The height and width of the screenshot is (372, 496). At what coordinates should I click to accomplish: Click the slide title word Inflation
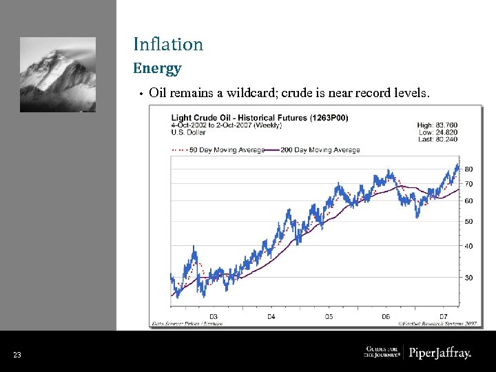coord(168,45)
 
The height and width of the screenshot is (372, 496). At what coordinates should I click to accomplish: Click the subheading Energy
coord(157,68)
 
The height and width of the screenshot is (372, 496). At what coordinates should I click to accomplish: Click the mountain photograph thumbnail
coord(58,74)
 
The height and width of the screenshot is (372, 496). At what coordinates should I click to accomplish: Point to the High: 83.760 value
coord(437,125)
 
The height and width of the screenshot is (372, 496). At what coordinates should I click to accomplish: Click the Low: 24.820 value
coord(437,132)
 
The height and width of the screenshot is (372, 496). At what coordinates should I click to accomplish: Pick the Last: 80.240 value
coord(437,139)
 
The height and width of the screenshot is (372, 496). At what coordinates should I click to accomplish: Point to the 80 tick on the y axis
coord(468,169)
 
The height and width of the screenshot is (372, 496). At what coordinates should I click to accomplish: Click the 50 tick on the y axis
coord(468,222)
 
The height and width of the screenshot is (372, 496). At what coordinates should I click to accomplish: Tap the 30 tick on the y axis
coord(468,278)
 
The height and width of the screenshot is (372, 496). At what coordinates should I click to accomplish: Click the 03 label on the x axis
coord(214,316)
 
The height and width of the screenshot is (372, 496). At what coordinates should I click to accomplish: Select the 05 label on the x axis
coord(329,316)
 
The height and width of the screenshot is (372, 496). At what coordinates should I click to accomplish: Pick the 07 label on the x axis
coord(444,316)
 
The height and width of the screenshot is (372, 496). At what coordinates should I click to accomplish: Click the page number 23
coord(17,355)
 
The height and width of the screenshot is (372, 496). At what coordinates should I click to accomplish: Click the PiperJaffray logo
coord(440,353)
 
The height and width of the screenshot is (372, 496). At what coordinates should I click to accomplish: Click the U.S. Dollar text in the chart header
coord(189,132)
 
